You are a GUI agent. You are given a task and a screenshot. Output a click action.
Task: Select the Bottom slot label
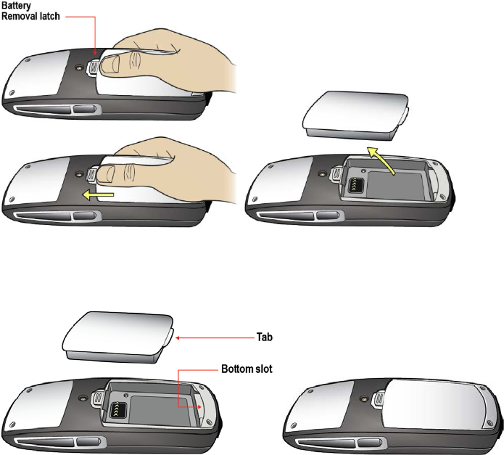[x=248, y=369]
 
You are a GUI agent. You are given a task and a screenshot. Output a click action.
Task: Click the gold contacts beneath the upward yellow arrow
[x=355, y=186]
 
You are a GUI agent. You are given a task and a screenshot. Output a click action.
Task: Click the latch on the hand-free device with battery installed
[x=379, y=398]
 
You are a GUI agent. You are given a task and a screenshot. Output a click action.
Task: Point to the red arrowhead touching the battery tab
[x=178, y=337]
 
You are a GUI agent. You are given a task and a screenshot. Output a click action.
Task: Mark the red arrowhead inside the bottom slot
[x=200, y=407]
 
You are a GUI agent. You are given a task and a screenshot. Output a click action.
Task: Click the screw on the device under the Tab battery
[x=86, y=398]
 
